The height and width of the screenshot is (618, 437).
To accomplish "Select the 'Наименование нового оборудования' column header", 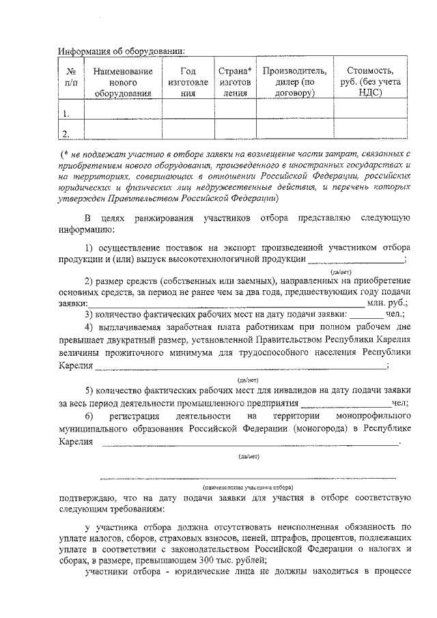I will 123,82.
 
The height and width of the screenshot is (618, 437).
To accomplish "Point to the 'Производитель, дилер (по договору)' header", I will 294,82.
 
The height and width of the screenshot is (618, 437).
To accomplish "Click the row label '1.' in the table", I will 66,113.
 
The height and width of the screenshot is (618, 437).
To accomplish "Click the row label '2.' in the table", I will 66,132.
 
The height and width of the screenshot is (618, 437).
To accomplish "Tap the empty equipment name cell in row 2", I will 123,130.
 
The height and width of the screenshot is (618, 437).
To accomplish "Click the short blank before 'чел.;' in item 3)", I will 366,315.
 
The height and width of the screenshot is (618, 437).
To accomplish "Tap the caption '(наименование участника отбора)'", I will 248,488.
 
